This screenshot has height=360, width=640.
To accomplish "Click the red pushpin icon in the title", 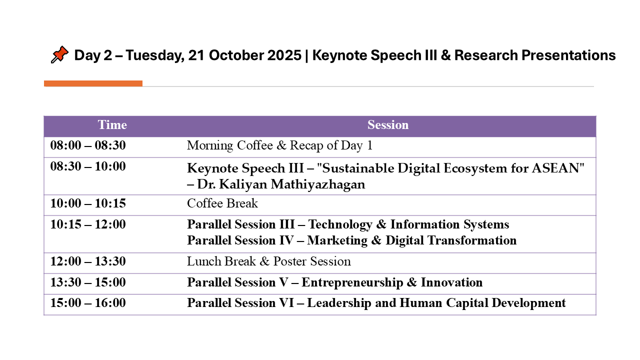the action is click(x=59, y=54).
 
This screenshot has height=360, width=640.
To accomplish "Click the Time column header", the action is click(x=112, y=125).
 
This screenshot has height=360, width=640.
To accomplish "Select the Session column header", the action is click(x=388, y=125).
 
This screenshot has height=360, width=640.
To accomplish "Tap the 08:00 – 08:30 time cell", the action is click(x=88, y=145).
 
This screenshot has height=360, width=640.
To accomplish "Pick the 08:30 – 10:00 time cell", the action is click(x=88, y=166).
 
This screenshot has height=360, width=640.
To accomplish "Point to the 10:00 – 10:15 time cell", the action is click(x=88, y=203).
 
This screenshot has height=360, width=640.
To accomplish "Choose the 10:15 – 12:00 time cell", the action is click(x=88, y=224).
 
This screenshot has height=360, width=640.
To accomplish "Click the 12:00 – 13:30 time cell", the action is click(x=88, y=261).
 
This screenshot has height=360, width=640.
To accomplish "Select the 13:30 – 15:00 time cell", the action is click(x=88, y=282).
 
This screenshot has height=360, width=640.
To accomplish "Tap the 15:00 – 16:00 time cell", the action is click(x=88, y=303).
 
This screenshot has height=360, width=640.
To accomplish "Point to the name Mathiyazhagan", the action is click(x=318, y=184).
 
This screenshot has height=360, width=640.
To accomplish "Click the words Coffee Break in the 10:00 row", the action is click(x=222, y=203).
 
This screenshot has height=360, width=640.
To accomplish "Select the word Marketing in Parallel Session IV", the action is click(x=337, y=240).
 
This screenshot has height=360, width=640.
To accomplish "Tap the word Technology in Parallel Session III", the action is click(x=340, y=225).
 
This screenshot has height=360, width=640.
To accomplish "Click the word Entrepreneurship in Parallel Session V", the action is click(x=352, y=283).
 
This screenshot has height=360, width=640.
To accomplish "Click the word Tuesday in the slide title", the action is click(x=154, y=55).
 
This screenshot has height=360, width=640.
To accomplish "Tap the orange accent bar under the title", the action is click(x=93, y=83).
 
